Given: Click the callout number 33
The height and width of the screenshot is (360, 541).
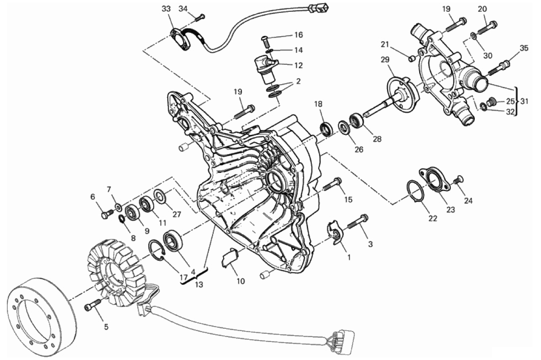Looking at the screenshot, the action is (x=166, y=9).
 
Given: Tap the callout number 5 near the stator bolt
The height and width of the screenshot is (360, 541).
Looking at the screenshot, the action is (x=106, y=326).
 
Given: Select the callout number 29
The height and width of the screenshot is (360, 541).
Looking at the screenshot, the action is (x=385, y=60).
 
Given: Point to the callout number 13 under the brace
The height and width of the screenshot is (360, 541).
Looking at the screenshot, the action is (x=199, y=285).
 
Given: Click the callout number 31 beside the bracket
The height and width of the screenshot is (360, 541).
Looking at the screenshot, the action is (x=524, y=101).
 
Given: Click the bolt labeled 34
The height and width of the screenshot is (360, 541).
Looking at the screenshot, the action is (x=199, y=17).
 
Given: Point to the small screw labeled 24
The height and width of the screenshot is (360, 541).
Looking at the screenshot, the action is (x=458, y=181).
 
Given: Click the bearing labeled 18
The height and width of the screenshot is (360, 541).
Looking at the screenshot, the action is (x=326, y=129).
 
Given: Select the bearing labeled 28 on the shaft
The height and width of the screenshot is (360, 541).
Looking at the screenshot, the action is (x=357, y=121).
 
